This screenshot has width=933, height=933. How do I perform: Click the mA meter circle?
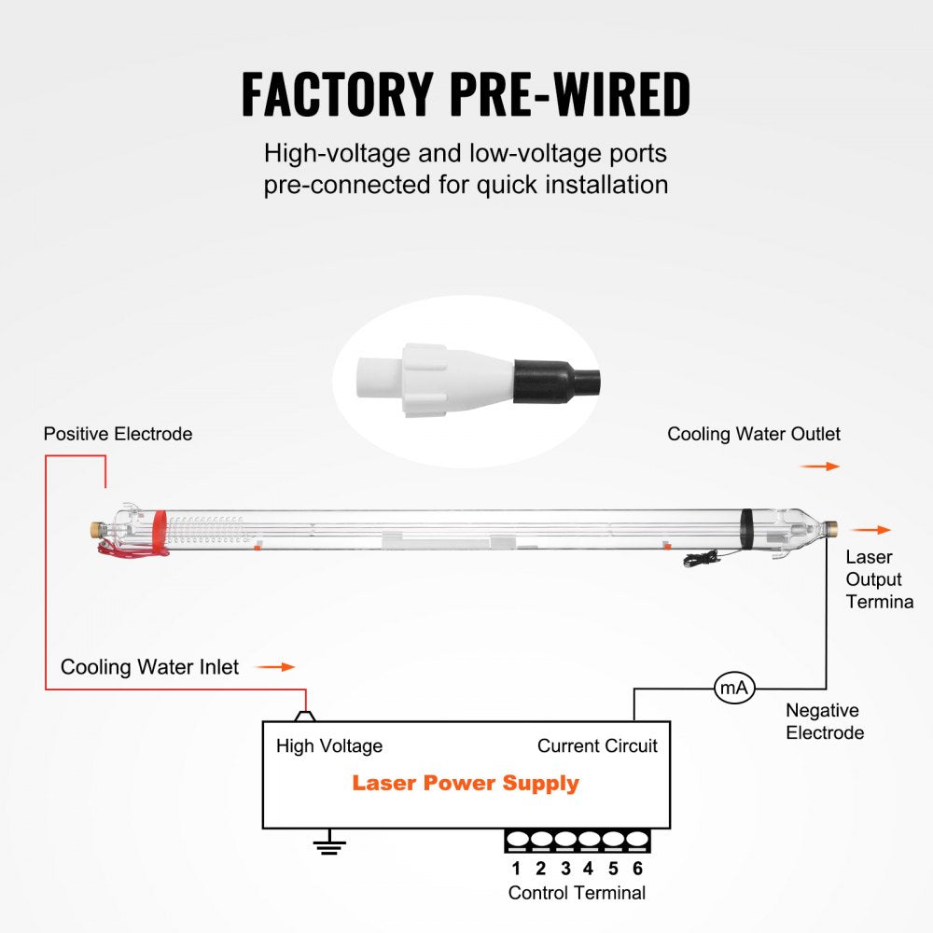(733, 689)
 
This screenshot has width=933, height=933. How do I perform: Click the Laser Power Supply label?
(466, 783)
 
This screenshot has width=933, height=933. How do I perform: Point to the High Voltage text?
(329, 745)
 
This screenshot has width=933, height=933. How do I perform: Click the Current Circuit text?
(597, 745)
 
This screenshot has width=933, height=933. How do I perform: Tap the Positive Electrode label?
(118, 434)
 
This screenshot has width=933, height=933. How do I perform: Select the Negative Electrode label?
(825, 721)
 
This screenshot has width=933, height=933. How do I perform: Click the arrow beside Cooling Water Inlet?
(275, 667)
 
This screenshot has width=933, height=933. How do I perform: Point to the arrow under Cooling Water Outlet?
(820, 466)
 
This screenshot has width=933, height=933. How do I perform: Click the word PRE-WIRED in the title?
(570, 93)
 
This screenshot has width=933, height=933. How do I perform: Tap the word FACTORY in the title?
(337, 93)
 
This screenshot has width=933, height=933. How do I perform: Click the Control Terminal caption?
(577, 893)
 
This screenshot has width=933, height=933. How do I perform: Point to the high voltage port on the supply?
(305, 717)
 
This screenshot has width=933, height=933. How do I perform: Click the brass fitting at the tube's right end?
(831, 529)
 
